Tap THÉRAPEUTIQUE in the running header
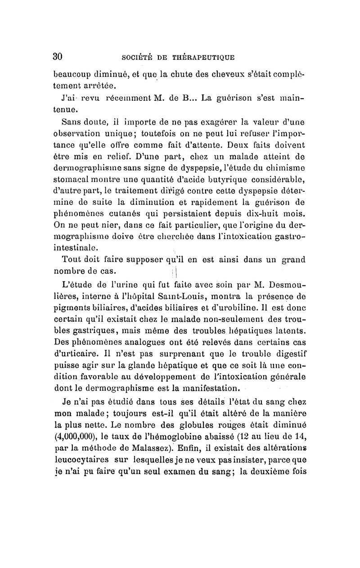click(208, 57)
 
